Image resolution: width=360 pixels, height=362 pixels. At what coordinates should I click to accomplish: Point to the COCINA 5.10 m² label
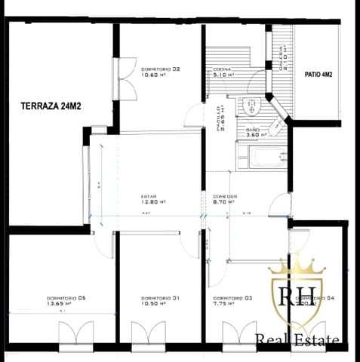pos(226,72)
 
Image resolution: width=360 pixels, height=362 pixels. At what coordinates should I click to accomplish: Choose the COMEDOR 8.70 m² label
pos(224,199)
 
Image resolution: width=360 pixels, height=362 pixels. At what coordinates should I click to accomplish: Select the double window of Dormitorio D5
pos(75,333)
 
